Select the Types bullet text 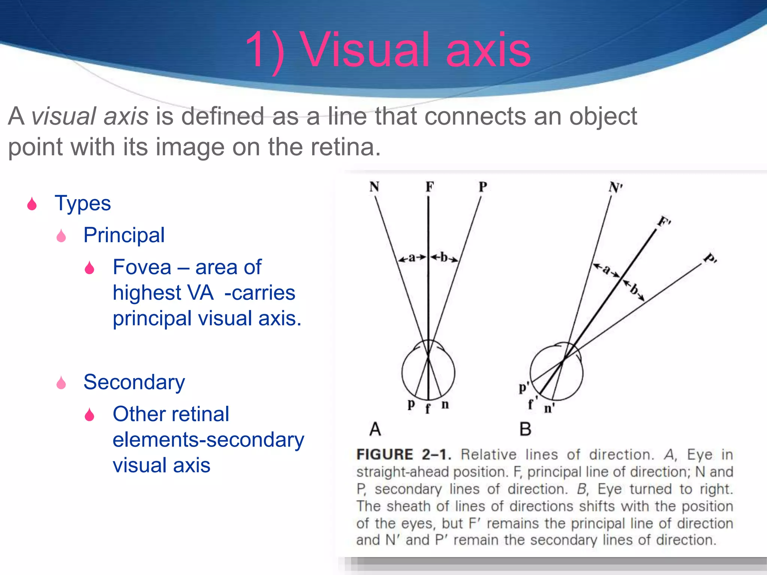(x=83, y=203)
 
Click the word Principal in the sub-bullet (x=124, y=235)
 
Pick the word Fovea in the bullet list (x=142, y=267)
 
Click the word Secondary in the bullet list (x=134, y=382)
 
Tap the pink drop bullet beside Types (x=32, y=204)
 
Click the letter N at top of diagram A (x=374, y=186)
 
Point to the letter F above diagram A (x=430, y=186)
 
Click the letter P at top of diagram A (x=483, y=186)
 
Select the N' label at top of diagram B (x=615, y=187)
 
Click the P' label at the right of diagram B (x=710, y=258)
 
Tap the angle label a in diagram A (x=412, y=258)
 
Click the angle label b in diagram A (x=444, y=257)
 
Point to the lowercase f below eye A (x=428, y=408)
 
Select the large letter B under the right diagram (x=525, y=429)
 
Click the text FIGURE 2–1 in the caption (x=403, y=454)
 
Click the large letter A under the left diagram (x=375, y=429)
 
